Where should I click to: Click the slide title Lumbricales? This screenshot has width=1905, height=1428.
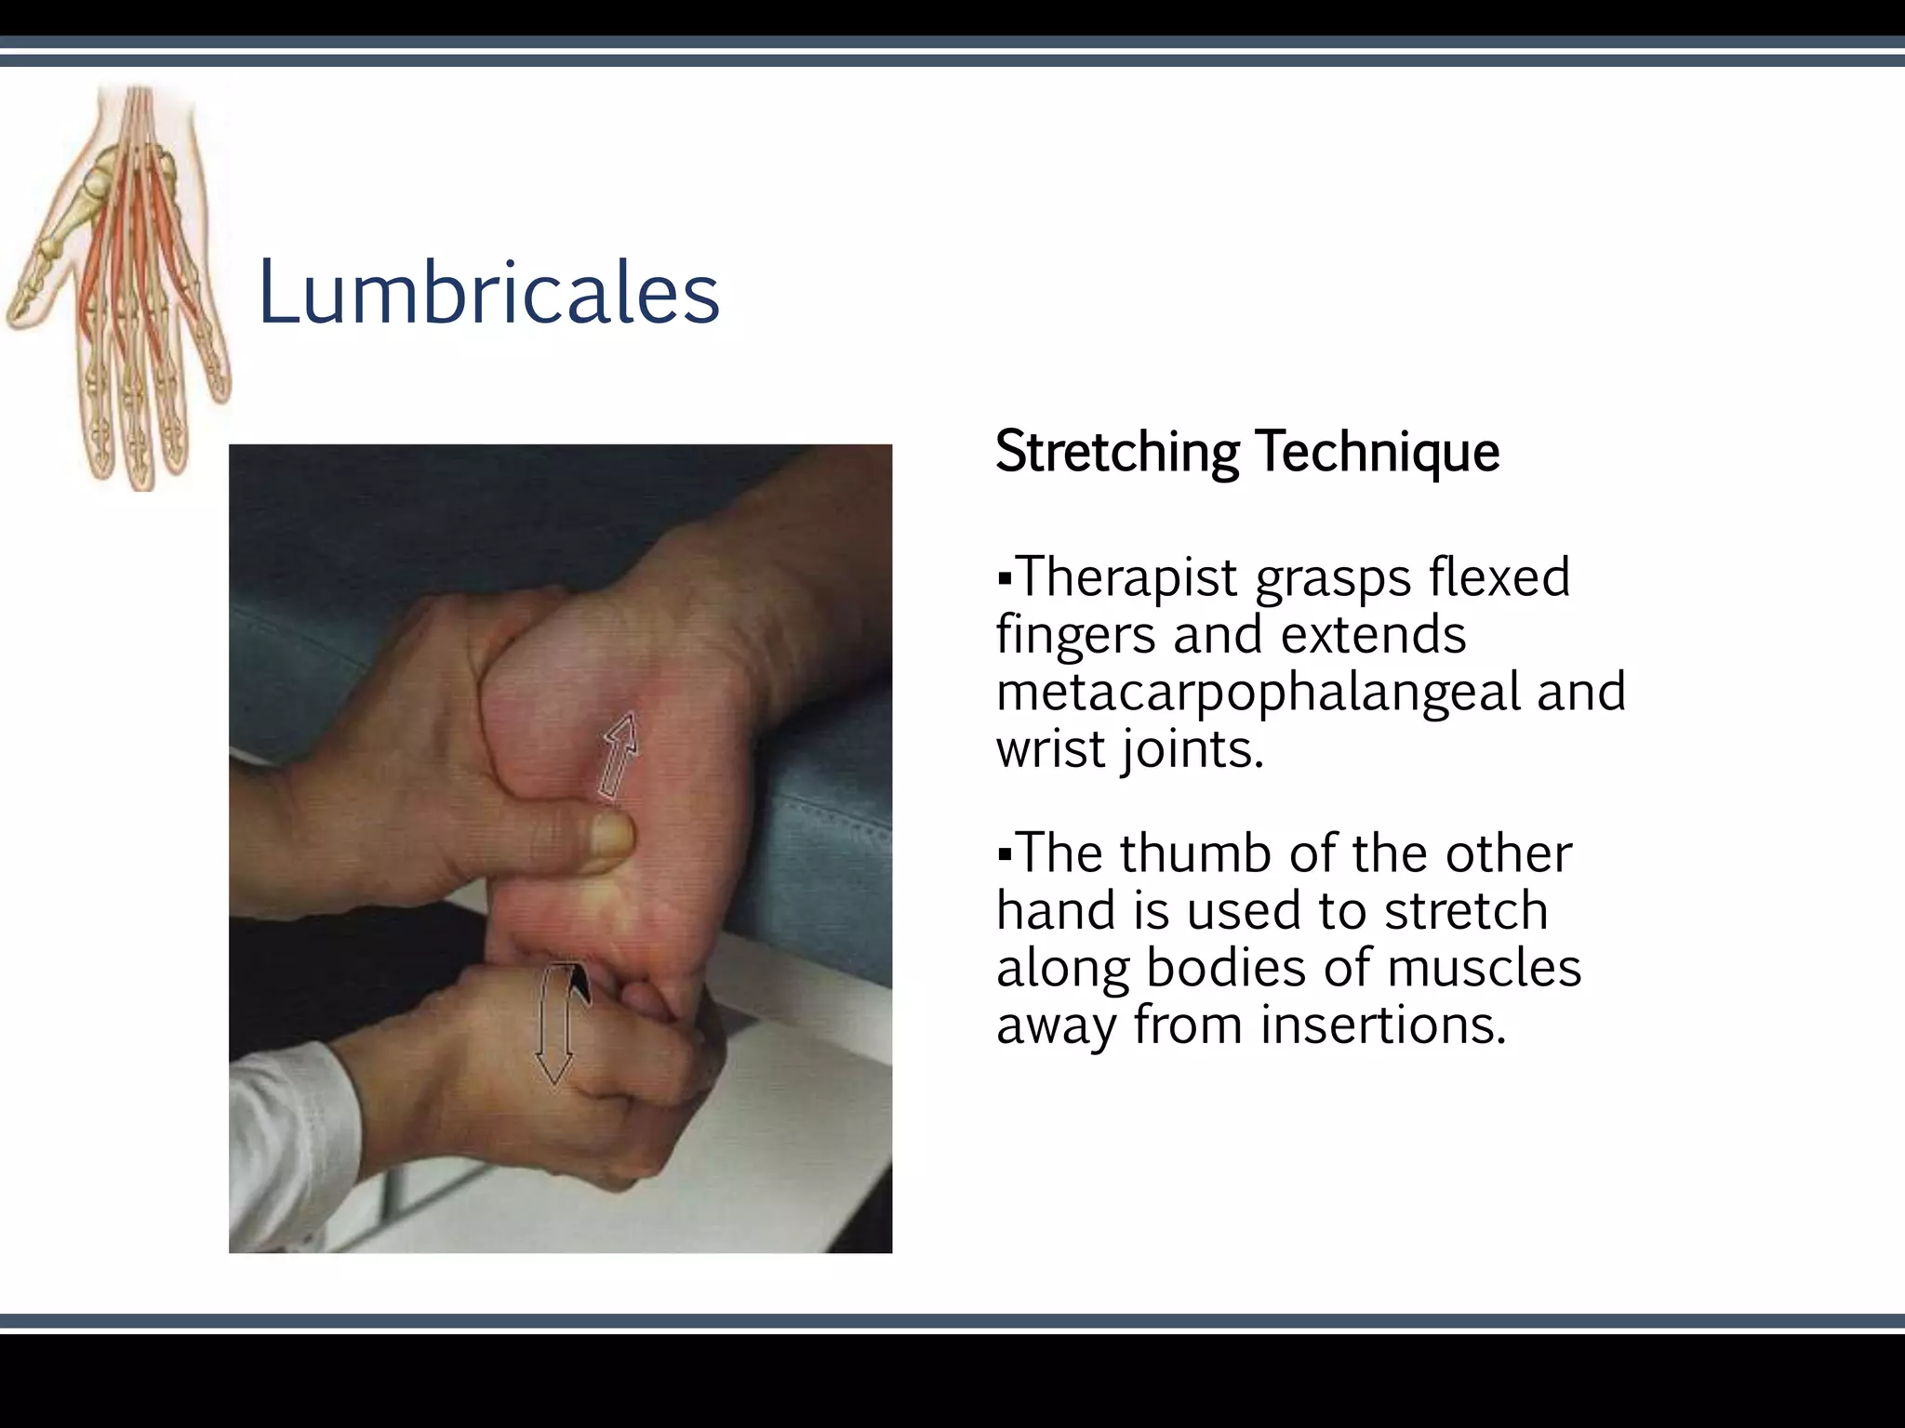pos(488,293)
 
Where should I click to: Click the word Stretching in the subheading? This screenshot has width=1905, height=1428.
pos(1116,453)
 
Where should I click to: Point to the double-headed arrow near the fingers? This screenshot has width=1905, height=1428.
pos(555,1023)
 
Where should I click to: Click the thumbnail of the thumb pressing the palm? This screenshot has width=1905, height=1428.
pos(611,833)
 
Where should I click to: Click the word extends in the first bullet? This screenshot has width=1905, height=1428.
pos(1373,635)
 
